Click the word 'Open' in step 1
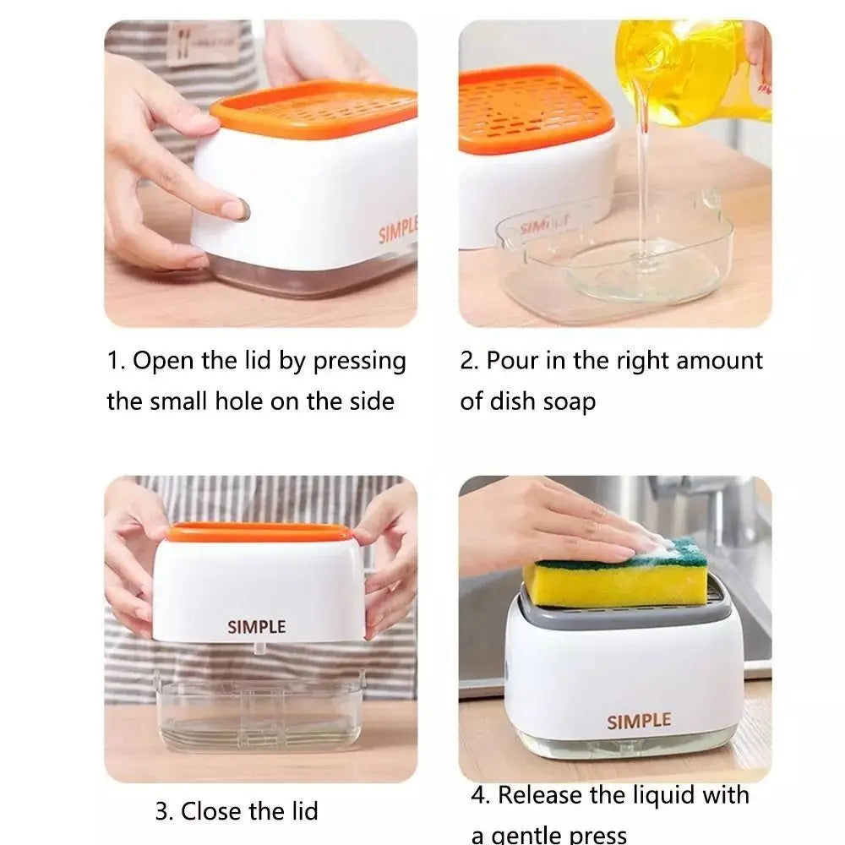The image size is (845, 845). [x=166, y=362]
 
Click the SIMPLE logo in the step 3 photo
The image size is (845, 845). [x=256, y=627]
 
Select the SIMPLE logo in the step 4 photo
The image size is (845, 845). [x=638, y=721]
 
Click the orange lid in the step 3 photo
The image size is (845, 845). [x=258, y=532]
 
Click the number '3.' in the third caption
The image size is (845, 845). [x=165, y=812]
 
